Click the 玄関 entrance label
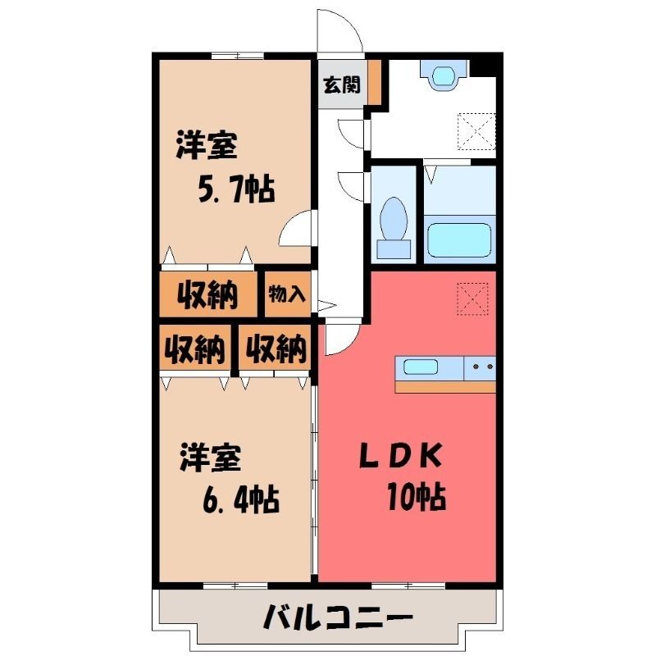(x=342, y=85)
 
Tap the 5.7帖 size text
(x=236, y=189)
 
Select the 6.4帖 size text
(x=241, y=499)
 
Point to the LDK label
(x=400, y=456)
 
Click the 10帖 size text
(x=417, y=496)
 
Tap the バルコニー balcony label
(x=338, y=617)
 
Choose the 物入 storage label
(x=287, y=294)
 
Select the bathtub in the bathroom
(x=459, y=239)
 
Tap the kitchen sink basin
(x=421, y=367)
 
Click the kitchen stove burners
(x=483, y=367)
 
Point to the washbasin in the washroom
(x=444, y=75)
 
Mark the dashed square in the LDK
(x=473, y=298)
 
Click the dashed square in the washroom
(x=477, y=131)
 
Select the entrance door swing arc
(x=352, y=22)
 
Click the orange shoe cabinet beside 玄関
(x=375, y=81)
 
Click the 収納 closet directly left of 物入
(x=207, y=294)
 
